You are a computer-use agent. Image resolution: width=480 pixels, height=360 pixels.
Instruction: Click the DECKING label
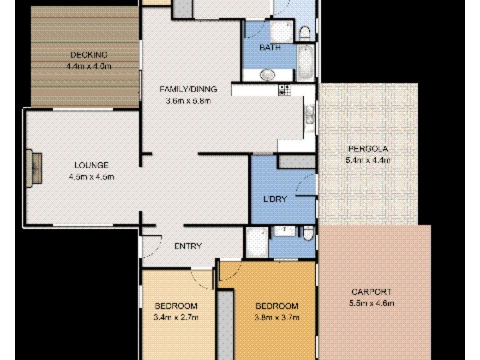pos(89,55)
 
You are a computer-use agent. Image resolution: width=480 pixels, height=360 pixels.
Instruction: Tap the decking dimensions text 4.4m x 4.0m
pos(89,66)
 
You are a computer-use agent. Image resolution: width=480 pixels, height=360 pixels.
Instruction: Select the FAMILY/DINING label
pos(188,89)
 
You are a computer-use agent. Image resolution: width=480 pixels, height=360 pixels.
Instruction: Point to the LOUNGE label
pos(91,165)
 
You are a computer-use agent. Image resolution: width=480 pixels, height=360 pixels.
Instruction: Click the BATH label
pos(268,47)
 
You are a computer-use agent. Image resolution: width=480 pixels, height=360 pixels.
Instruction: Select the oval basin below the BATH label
pos(268,74)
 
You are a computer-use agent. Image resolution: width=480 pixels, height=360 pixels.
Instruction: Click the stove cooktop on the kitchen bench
pos(284,90)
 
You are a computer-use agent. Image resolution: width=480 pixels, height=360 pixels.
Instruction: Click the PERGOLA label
pos(367,149)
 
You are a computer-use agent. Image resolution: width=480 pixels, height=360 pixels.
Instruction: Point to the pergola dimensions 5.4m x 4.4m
pos(368,160)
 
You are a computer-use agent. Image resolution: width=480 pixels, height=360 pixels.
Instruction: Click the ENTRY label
pos(188,246)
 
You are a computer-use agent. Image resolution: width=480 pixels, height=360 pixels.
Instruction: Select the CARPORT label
pos(372,292)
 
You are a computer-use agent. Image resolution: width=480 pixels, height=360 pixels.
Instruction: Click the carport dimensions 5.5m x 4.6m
pos(372,304)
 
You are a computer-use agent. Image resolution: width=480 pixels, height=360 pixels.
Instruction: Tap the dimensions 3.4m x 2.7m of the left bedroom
pos(177,317)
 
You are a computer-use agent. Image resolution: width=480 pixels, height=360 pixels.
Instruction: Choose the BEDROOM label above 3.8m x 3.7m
pos(277,305)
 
